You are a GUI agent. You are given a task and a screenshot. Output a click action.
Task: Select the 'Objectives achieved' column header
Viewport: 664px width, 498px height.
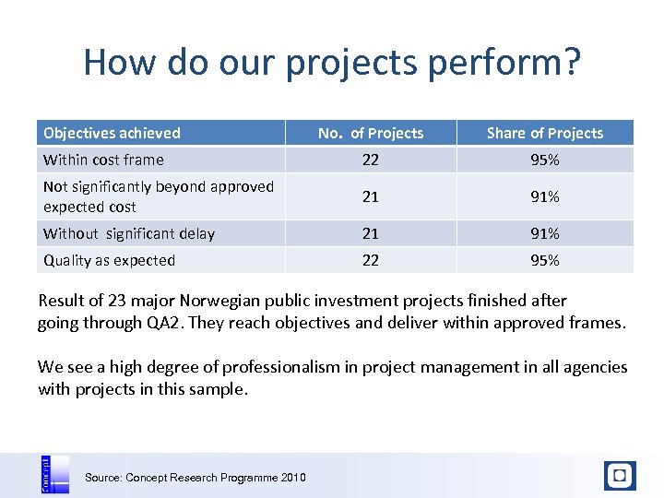click(112, 133)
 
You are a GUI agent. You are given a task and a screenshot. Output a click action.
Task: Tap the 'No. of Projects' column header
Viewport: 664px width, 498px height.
click(370, 133)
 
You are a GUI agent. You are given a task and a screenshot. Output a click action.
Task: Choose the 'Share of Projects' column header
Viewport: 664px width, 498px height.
click(544, 133)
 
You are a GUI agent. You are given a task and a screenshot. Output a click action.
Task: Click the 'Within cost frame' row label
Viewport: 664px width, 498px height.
click(103, 160)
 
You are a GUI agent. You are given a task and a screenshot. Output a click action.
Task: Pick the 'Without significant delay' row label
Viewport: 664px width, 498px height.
click(129, 233)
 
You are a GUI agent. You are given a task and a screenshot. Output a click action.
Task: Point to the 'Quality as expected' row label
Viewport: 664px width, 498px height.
click(109, 260)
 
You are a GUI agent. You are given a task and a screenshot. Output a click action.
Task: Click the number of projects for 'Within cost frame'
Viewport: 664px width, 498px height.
click(370, 160)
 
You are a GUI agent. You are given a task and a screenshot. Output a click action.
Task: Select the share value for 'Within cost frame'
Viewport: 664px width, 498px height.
click(544, 160)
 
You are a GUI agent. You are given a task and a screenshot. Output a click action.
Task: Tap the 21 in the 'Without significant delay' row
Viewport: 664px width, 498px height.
click(370, 233)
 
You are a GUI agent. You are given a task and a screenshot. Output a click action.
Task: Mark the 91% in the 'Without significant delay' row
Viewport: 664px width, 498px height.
click(544, 233)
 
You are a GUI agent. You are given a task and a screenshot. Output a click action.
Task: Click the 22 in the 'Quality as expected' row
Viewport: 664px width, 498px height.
click(370, 260)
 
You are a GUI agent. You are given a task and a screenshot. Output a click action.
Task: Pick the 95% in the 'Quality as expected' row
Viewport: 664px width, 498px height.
click(544, 260)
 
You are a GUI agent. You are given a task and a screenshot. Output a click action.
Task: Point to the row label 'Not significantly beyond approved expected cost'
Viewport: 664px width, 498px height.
click(158, 196)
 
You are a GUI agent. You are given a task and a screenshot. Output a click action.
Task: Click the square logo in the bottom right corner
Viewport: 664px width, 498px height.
click(620, 476)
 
